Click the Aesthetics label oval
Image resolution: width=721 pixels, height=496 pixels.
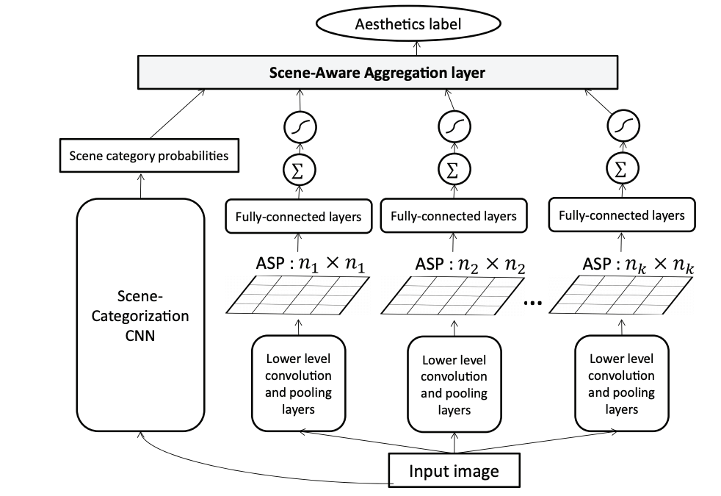419,24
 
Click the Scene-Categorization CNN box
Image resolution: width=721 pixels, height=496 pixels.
140,316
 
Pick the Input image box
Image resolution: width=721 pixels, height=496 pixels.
454,470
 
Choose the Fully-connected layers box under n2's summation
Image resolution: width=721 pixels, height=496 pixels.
453,216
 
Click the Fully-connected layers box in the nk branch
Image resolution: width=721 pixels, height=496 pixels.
621,215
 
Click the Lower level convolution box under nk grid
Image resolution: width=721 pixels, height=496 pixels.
622,383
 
